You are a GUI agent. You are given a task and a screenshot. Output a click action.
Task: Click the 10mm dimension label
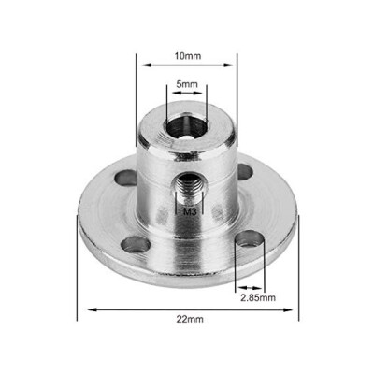coord(188,56)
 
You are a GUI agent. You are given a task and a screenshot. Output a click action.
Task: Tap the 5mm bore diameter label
coord(187,84)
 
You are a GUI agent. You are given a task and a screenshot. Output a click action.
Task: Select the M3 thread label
coord(189,212)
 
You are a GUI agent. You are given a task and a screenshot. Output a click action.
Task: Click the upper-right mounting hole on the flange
coord(245,171)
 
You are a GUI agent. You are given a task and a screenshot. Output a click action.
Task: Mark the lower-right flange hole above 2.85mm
coord(249,241)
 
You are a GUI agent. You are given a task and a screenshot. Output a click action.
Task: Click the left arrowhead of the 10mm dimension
coord(142,65)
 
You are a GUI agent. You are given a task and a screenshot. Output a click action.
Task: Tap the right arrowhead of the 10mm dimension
coord(234,65)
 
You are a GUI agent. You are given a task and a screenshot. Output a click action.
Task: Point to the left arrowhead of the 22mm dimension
coord(81,307)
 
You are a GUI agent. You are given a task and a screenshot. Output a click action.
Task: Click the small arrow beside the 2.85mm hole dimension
coord(240,286)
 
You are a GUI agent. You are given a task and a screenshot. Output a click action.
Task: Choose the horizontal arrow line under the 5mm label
coord(187,93)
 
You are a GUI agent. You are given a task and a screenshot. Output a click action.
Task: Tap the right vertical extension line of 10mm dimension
coord(237,103)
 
